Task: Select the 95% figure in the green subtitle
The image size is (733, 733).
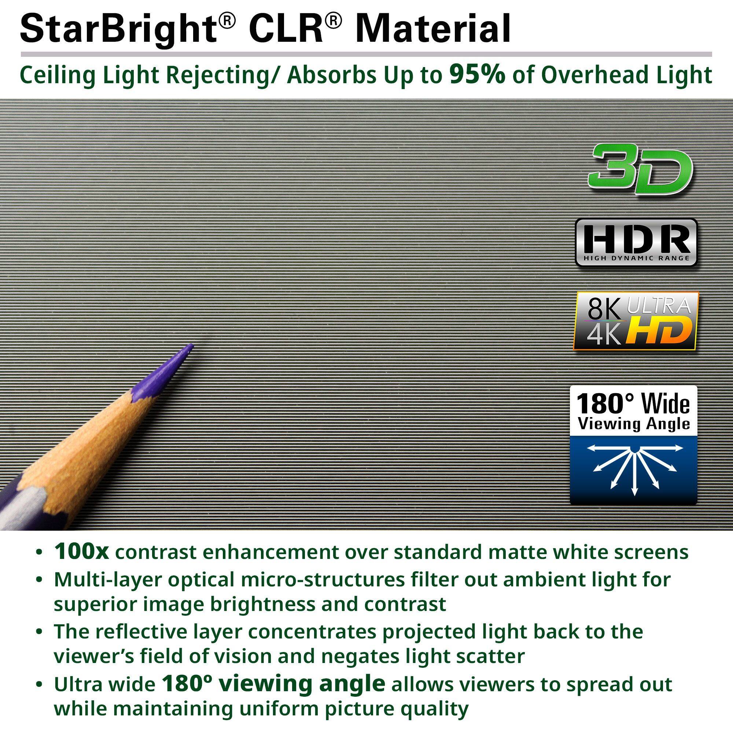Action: point(477,75)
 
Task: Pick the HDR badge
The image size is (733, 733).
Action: point(636,242)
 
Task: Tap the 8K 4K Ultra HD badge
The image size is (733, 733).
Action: point(636,321)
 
